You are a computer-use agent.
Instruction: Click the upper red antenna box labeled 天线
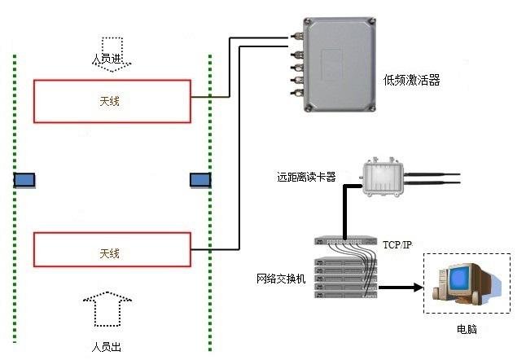(x=112, y=101)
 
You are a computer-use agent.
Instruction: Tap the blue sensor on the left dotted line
(x=25, y=179)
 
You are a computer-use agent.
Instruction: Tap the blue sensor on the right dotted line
(x=200, y=179)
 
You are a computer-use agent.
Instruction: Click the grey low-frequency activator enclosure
(x=335, y=63)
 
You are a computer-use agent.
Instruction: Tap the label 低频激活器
(x=410, y=80)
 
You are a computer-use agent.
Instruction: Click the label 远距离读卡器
(x=305, y=176)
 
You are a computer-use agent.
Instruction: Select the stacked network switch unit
(x=347, y=269)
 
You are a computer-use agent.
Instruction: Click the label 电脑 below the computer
(x=467, y=329)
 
